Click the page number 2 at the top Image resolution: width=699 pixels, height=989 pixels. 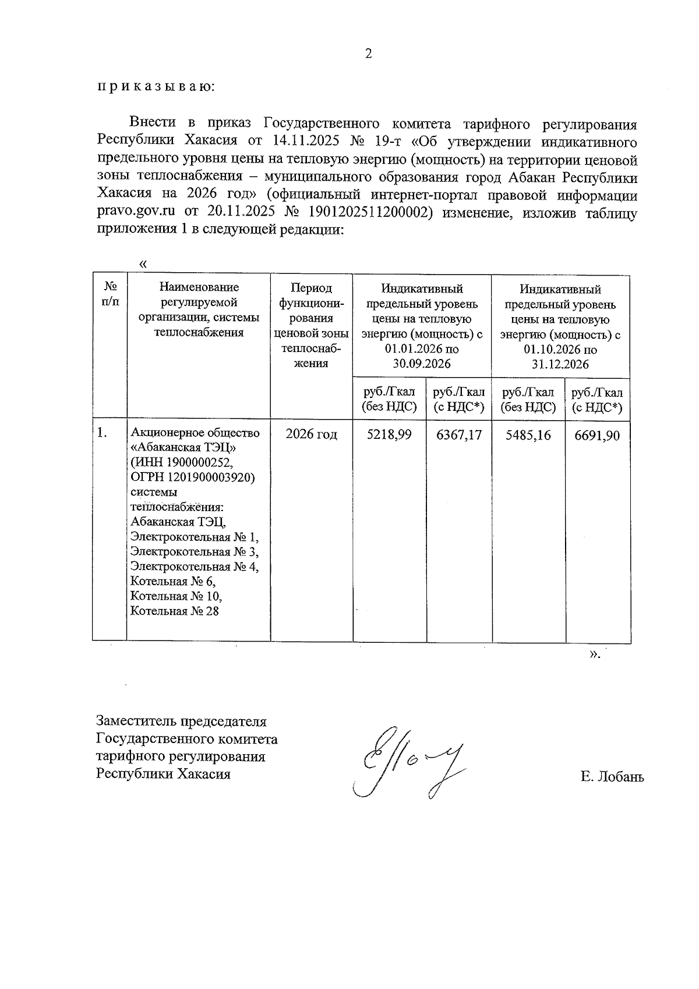coord(368,54)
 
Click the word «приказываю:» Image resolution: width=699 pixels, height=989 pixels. coord(156,87)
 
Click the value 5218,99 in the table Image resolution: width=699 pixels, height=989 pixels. coord(389,435)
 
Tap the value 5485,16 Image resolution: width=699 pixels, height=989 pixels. coord(528,435)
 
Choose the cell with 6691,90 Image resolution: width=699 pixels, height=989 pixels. coord(597,435)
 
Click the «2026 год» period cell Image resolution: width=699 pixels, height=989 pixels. coord(311,435)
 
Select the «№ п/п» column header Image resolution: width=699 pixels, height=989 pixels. coord(110,294)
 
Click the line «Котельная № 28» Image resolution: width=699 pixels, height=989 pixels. coord(174,611)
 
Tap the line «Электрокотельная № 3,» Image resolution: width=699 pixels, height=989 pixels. coord(195,551)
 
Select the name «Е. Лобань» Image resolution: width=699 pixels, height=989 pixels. coord(612,776)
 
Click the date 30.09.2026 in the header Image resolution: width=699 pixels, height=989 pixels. coord(422,364)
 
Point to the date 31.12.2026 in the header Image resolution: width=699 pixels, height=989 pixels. coord(560,365)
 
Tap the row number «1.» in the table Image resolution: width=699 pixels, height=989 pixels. coord(103,433)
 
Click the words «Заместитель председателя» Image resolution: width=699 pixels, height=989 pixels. coord(181,721)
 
